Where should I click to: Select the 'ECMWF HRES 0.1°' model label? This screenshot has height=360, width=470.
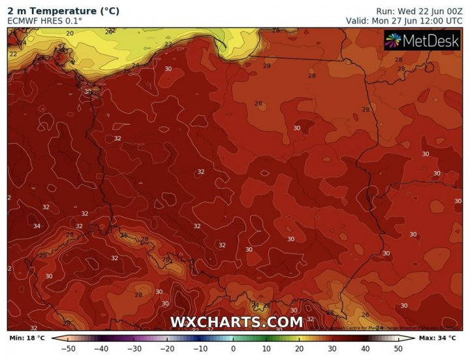[x=46, y=22]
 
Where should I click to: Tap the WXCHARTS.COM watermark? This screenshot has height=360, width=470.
[x=236, y=322]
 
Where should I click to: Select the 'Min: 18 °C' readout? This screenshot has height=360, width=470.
[x=26, y=338]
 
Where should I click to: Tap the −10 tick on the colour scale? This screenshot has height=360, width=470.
[x=200, y=350]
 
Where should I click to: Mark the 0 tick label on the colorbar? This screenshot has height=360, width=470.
[x=234, y=350]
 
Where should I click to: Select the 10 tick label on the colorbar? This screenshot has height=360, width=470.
[x=267, y=350]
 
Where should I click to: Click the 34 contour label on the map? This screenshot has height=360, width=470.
[x=37, y=226]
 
